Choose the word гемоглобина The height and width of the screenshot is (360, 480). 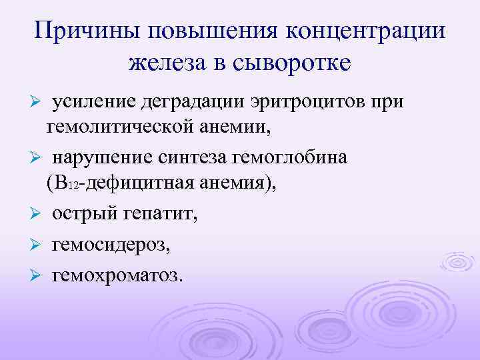303,158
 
